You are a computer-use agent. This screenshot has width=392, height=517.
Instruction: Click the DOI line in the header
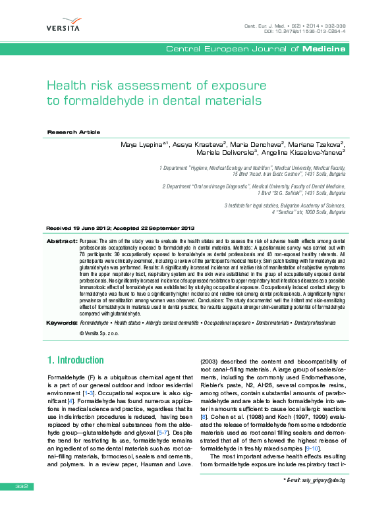[305, 32]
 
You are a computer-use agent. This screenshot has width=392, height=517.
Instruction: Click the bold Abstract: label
[61, 242]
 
